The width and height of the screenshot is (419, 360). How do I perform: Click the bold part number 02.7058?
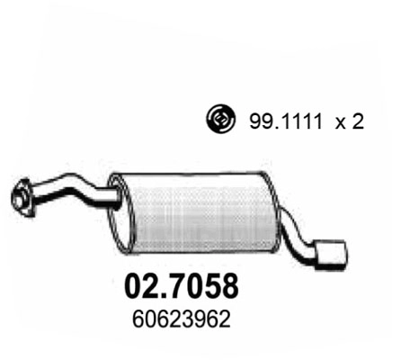(x=179, y=286)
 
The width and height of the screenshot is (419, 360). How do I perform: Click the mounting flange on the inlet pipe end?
(x=25, y=195)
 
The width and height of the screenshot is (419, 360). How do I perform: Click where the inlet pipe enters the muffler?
(x=111, y=193)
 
